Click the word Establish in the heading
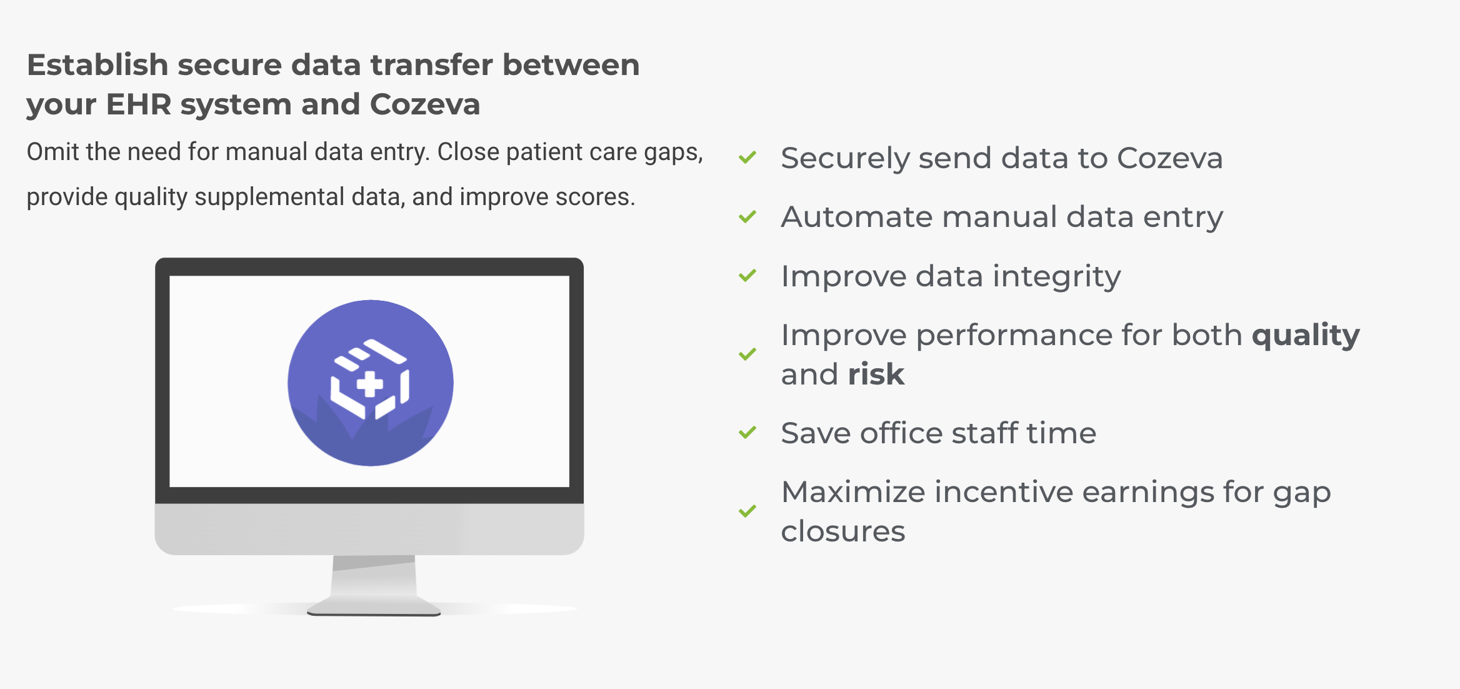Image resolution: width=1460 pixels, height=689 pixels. (x=97, y=65)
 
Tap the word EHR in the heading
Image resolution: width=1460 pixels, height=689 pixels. (x=139, y=104)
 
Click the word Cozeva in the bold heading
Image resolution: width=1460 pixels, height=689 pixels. (x=425, y=104)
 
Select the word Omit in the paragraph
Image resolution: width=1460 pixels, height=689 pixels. (x=53, y=152)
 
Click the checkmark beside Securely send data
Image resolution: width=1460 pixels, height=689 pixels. (x=747, y=157)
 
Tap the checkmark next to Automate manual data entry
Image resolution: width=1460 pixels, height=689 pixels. (x=747, y=216)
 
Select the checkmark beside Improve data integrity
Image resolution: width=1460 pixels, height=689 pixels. (x=747, y=275)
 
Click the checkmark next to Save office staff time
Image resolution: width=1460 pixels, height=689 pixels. (x=747, y=432)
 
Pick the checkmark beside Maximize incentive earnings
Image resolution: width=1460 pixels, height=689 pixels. (x=747, y=511)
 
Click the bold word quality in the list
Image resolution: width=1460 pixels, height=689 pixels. (x=1306, y=336)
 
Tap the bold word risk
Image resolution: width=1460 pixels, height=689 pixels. (x=876, y=375)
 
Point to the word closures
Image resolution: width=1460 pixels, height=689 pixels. (x=843, y=531)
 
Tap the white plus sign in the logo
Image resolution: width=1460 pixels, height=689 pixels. (x=369, y=384)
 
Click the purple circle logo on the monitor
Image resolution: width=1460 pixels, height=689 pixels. (x=371, y=383)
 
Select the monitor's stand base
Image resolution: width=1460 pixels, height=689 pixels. (x=374, y=606)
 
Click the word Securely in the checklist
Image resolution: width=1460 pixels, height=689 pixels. (x=845, y=159)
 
